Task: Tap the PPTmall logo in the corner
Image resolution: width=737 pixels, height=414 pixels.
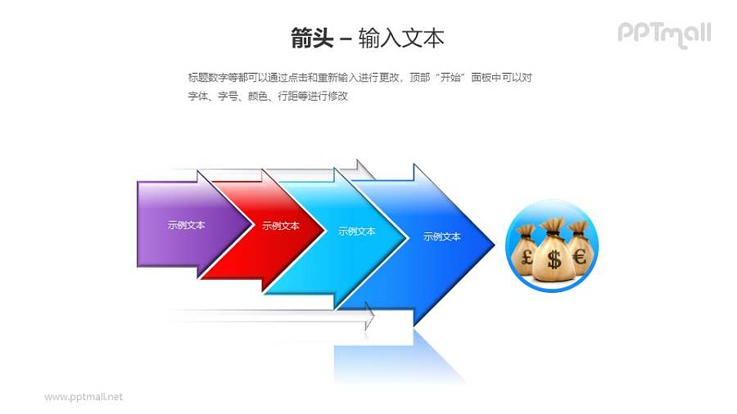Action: [663, 34]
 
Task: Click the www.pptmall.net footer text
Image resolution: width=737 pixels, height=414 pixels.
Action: [84, 397]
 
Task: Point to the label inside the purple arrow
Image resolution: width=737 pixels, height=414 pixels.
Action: [186, 225]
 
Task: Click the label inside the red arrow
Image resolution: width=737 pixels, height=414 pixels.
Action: [281, 226]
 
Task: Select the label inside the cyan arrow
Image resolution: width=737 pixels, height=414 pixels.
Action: [357, 232]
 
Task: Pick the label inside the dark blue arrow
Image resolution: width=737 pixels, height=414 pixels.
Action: [441, 236]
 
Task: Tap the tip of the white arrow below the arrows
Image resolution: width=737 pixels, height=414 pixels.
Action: [373, 317]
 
